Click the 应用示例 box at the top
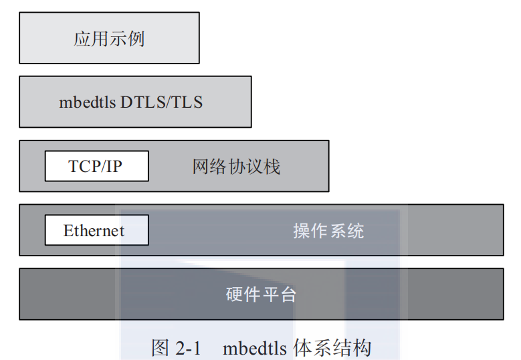[109, 38]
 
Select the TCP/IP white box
[96, 166]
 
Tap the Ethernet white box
[96, 230]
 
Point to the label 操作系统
[328, 231]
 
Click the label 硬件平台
[261, 294]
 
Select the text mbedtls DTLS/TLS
[131, 102]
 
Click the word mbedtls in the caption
[255, 348]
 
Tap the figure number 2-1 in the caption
[188, 348]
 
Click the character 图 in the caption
[161, 348]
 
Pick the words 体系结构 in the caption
[332, 348]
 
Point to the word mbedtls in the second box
[88, 102]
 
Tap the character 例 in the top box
[136, 39]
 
